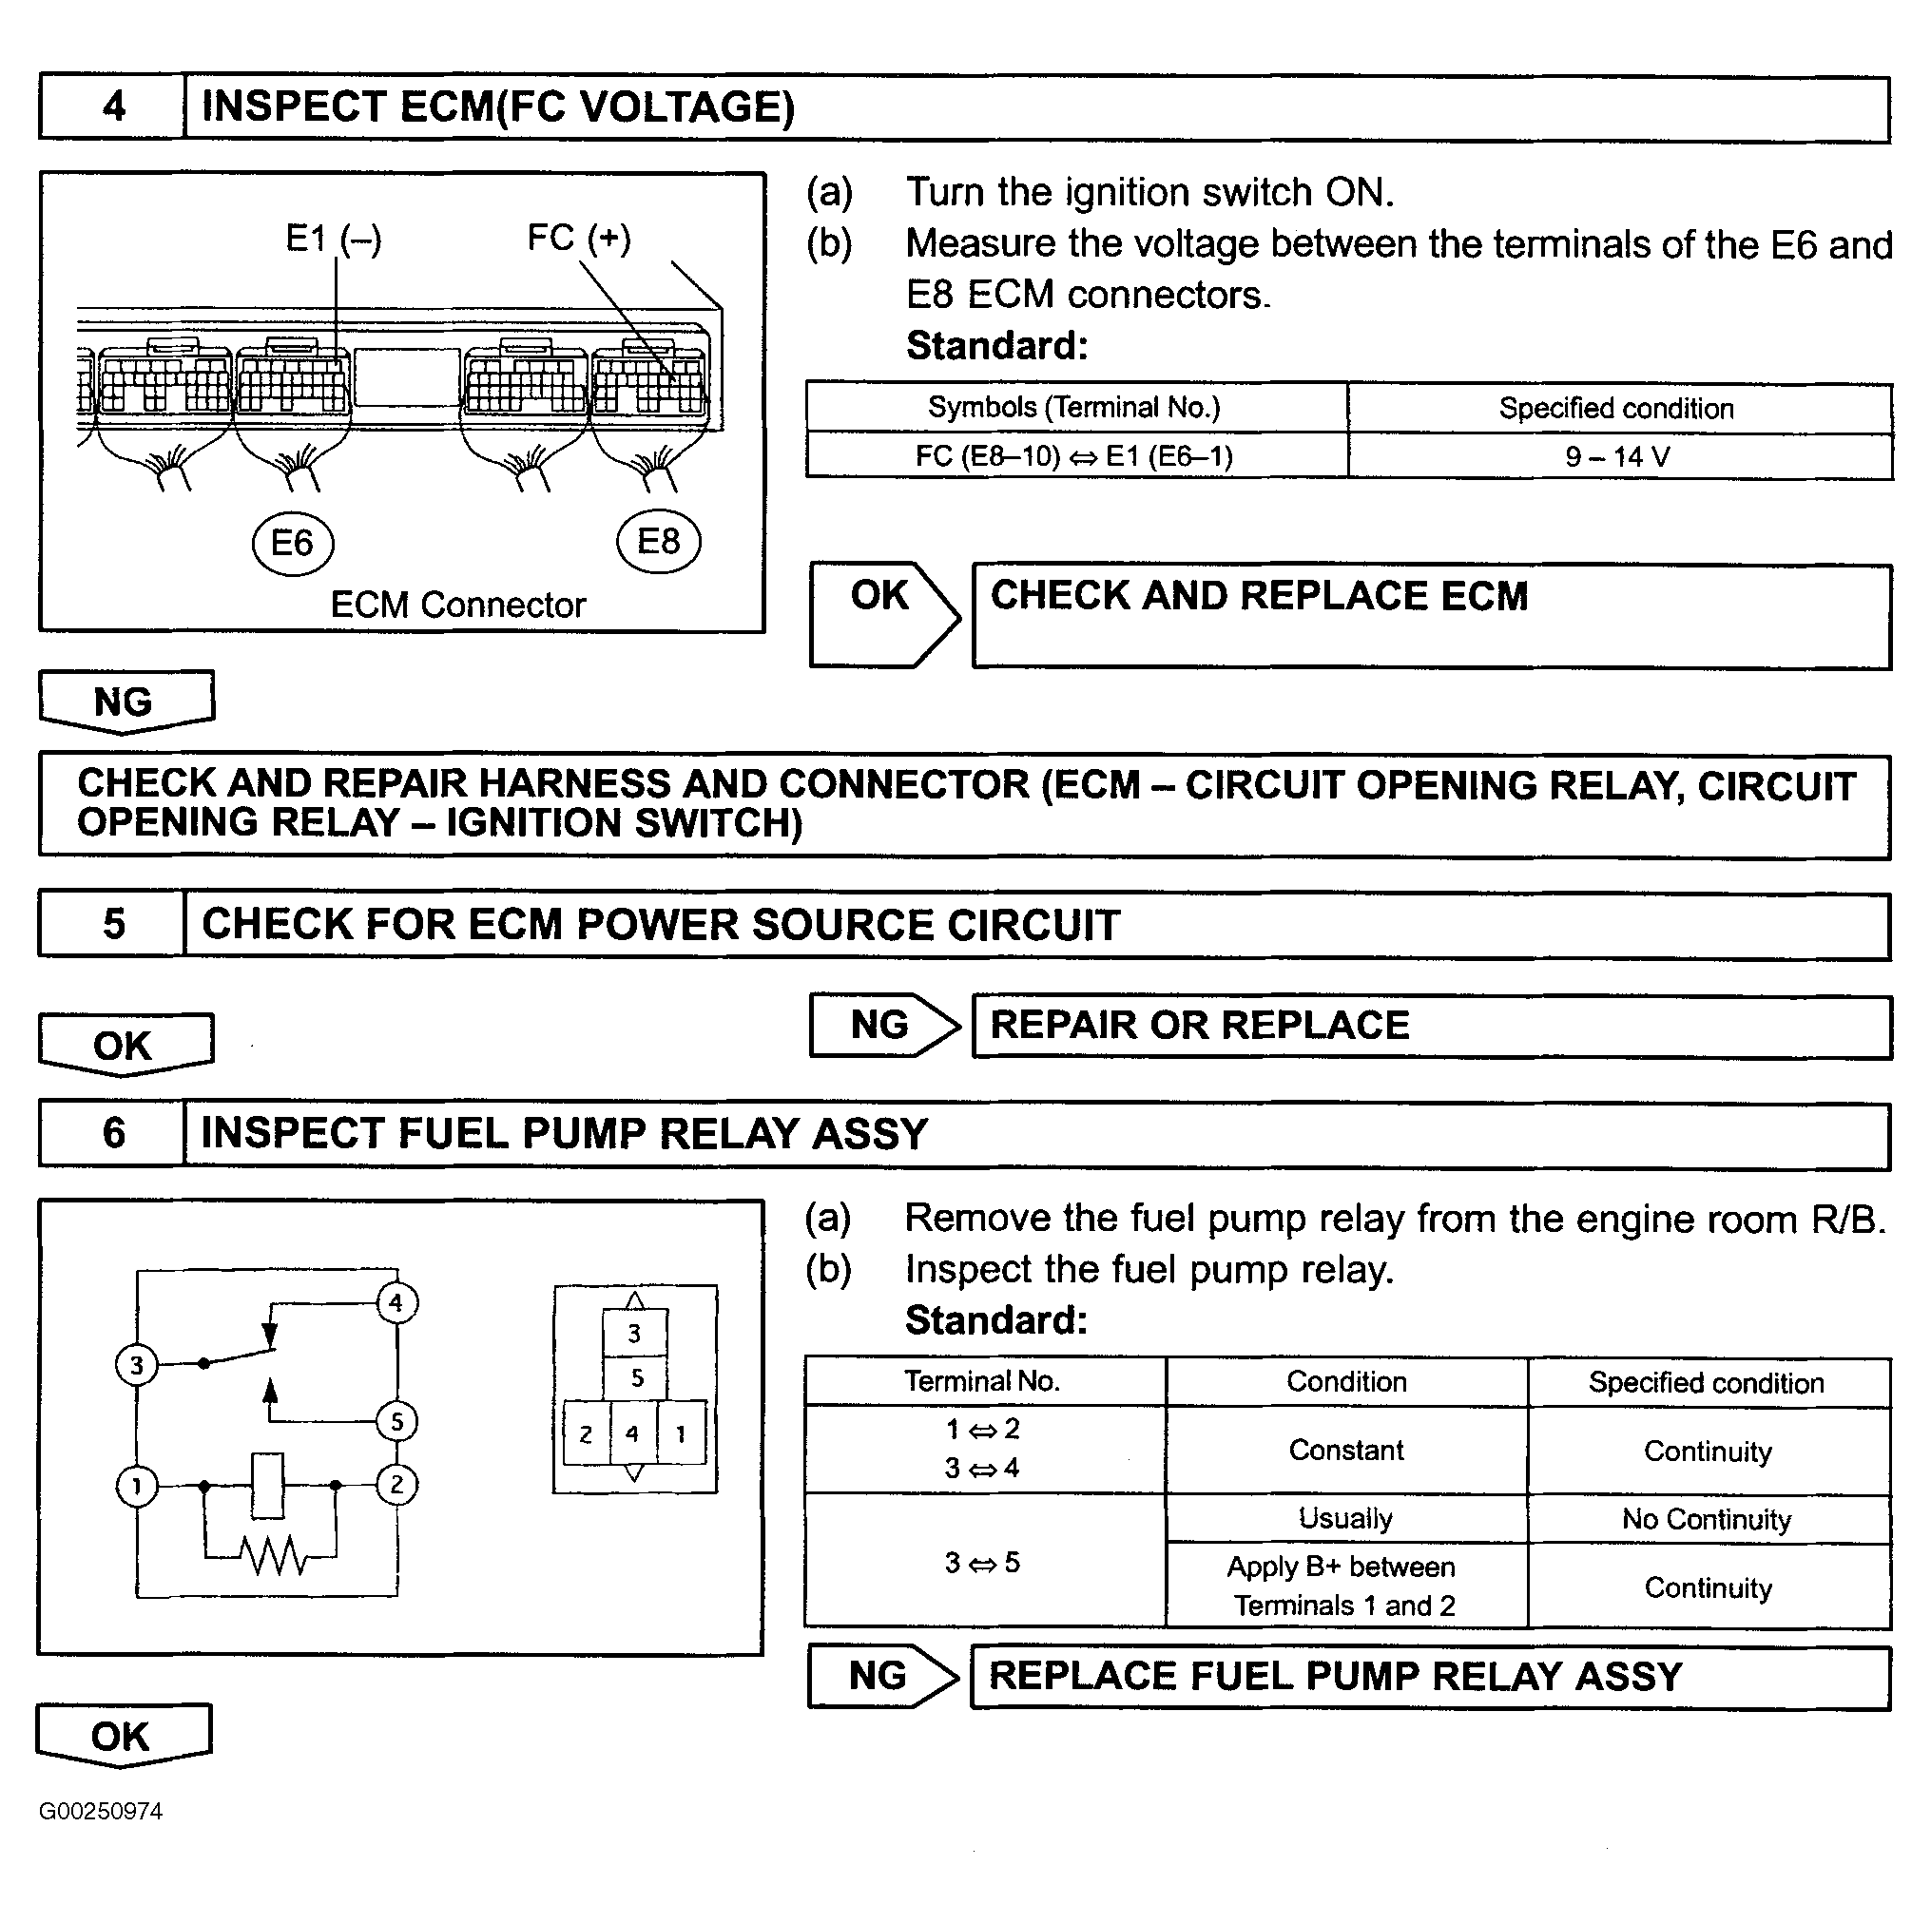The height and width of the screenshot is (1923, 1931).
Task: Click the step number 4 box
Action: (113, 107)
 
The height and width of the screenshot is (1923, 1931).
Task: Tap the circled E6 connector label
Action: (292, 544)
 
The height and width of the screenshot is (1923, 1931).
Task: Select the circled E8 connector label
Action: (659, 543)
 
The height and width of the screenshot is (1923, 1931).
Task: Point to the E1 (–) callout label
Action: (333, 239)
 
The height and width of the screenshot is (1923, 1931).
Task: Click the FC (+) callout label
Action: (579, 238)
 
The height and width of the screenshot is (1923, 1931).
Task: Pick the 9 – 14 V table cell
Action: (1617, 457)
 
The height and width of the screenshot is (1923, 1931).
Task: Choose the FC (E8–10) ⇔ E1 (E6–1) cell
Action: (1074, 457)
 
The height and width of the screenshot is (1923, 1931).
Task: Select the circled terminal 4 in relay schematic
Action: (396, 1303)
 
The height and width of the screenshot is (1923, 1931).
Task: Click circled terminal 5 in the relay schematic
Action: (396, 1421)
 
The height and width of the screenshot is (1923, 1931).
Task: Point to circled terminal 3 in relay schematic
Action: (137, 1365)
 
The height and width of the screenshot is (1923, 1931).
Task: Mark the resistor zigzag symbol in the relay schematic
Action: (273, 1555)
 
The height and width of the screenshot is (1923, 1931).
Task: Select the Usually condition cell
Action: (1345, 1519)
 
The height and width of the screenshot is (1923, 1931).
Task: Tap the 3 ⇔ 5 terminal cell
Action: (982, 1562)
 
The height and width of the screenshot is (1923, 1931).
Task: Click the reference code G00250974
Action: (101, 1811)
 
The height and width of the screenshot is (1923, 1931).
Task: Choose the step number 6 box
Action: (113, 1133)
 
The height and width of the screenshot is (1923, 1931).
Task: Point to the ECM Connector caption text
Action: (457, 605)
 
